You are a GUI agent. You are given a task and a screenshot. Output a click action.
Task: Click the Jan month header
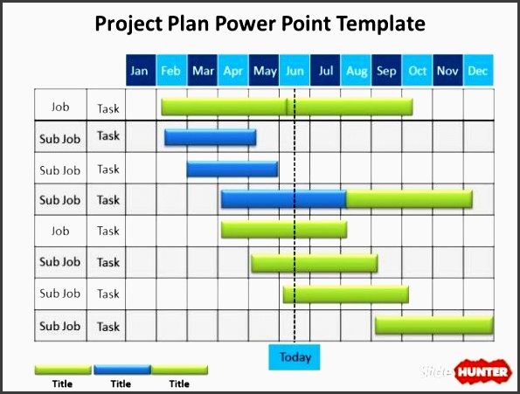point(140,71)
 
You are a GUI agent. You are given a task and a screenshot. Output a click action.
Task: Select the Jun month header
point(295,71)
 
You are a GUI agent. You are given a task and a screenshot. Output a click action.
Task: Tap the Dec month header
point(478,71)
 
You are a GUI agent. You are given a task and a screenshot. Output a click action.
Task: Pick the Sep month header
point(386,71)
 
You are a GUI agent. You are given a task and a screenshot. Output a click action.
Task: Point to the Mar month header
point(202,71)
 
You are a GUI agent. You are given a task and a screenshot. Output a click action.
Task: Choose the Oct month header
point(418,71)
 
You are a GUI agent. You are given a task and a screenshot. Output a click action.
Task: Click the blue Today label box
point(295,356)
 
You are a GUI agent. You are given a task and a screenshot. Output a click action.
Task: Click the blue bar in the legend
point(121,370)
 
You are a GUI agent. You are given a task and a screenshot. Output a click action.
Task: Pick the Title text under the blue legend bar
point(121,384)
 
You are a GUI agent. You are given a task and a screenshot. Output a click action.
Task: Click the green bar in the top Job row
point(287,107)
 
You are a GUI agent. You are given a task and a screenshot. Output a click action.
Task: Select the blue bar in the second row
point(211,137)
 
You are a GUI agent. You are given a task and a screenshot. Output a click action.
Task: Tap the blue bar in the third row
point(232,169)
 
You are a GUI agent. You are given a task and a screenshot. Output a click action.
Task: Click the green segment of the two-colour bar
point(409,199)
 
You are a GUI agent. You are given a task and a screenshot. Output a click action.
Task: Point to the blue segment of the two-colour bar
point(283,199)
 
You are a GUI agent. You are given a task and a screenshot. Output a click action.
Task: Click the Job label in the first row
point(60,107)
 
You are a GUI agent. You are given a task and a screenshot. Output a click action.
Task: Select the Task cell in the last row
point(108,327)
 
